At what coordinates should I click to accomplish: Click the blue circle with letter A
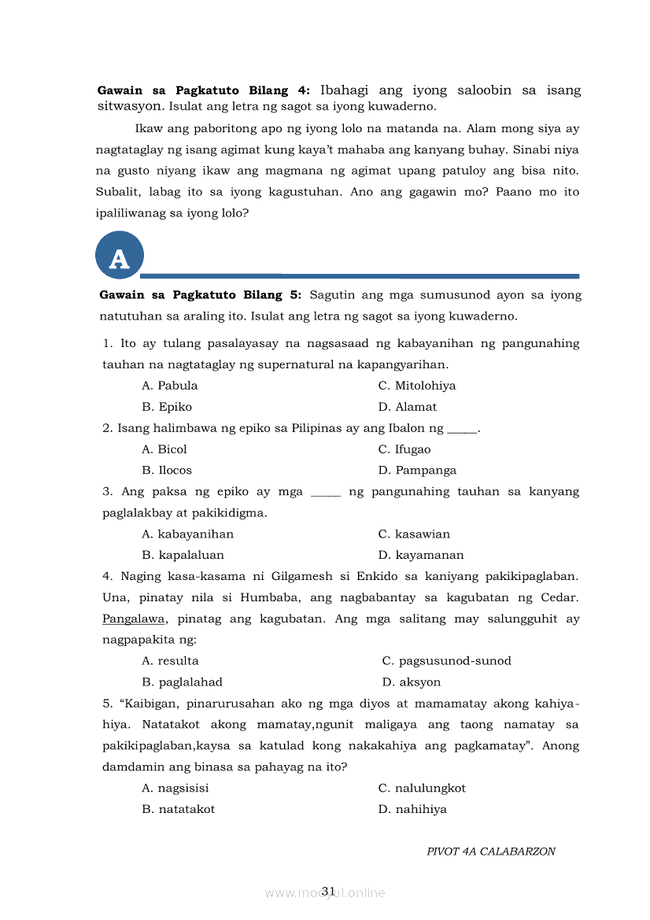(x=119, y=256)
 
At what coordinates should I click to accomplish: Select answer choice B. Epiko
(x=167, y=407)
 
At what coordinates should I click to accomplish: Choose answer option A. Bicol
(x=164, y=449)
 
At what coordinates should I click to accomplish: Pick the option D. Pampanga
(x=417, y=471)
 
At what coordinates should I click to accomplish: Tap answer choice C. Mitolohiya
(x=417, y=386)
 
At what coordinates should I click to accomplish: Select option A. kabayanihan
(x=187, y=534)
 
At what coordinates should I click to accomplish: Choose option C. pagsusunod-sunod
(x=446, y=661)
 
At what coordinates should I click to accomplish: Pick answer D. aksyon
(x=412, y=682)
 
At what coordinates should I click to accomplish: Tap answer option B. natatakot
(x=178, y=809)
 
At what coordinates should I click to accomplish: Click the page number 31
(x=328, y=891)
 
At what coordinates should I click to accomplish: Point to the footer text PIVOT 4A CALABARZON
(x=491, y=852)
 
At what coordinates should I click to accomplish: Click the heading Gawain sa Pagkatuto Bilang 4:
(x=204, y=91)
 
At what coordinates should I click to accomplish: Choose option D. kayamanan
(x=421, y=555)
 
